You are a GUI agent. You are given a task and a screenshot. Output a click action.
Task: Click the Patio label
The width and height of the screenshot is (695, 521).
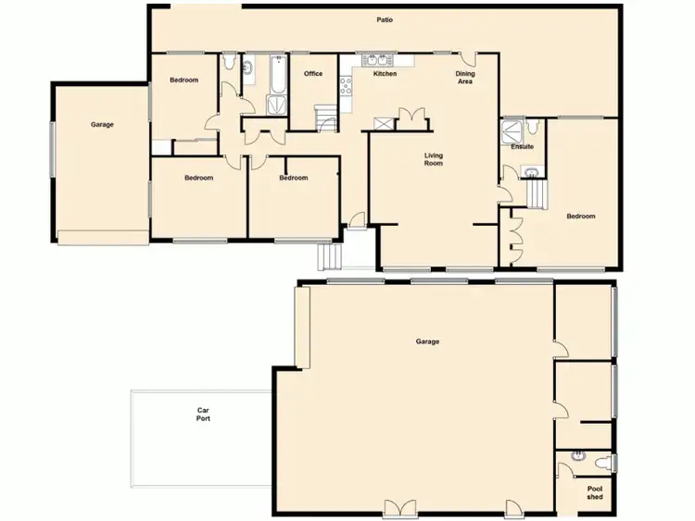(x=384, y=19)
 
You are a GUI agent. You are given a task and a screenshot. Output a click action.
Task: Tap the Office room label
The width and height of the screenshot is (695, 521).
(x=313, y=74)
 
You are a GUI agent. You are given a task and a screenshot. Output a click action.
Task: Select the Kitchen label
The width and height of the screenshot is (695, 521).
(x=385, y=74)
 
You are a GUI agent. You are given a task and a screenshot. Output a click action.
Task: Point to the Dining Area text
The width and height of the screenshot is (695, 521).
(x=465, y=78)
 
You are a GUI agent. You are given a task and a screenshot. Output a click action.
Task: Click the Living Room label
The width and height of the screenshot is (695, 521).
(x=433, y=159)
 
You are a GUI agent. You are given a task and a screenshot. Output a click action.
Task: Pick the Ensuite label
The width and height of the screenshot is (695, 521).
(x=522, y=146)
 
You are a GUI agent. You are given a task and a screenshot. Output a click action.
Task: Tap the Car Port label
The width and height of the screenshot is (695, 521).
(x=204, y=415)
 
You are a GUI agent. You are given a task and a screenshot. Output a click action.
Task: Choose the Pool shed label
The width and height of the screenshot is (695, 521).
(x=594, y=494)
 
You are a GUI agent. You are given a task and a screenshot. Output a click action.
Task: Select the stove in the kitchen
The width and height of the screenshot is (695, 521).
(x=347, y=86)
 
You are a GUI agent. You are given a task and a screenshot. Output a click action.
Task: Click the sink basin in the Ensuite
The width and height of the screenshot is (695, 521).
(x=528, y=171)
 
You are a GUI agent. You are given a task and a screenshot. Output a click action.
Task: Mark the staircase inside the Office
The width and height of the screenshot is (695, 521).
(x=325, y=118)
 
